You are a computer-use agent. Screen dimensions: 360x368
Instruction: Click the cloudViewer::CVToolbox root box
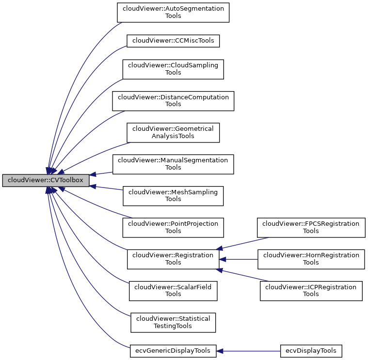click(46, 180)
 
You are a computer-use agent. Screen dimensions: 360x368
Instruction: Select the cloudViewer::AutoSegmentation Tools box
click(173, 12)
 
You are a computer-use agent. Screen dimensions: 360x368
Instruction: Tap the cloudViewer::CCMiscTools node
click(173, 41)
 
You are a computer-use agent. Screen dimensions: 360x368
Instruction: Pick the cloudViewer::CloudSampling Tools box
click(173, 69)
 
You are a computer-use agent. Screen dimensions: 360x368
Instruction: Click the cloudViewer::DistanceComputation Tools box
click(173, 101)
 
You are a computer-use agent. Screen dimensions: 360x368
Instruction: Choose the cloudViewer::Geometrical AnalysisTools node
click(173, 132)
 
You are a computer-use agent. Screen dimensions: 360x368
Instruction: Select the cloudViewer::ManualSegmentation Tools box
click(173, 164)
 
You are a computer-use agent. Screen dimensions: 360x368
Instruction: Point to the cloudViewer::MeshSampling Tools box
click(173, 195)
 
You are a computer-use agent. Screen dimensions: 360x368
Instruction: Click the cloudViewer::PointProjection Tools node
click(173, 227)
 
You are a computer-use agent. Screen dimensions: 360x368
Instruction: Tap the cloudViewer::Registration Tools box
click(173, 259)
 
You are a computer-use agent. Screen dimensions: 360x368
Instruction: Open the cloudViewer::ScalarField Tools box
click(173, 290)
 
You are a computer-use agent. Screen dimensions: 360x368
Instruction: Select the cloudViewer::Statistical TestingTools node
click(173, 322)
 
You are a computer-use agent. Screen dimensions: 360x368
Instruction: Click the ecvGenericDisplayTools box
click(173, 351)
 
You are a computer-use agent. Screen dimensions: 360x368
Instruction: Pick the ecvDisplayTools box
click(311, 351)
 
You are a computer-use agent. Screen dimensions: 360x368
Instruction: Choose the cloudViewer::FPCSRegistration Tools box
click(311, 227)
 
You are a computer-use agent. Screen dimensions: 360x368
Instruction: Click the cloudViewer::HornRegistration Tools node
click(311, 259)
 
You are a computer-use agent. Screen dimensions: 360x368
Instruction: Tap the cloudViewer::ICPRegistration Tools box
click(311, 290)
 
